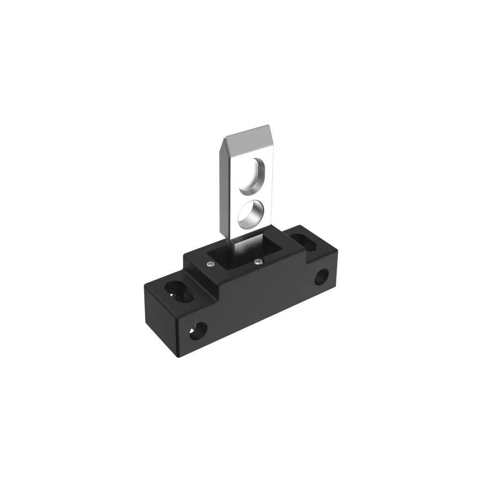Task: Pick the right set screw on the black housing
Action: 259,262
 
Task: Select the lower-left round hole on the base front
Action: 198,331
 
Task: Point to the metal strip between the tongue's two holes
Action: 253,194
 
